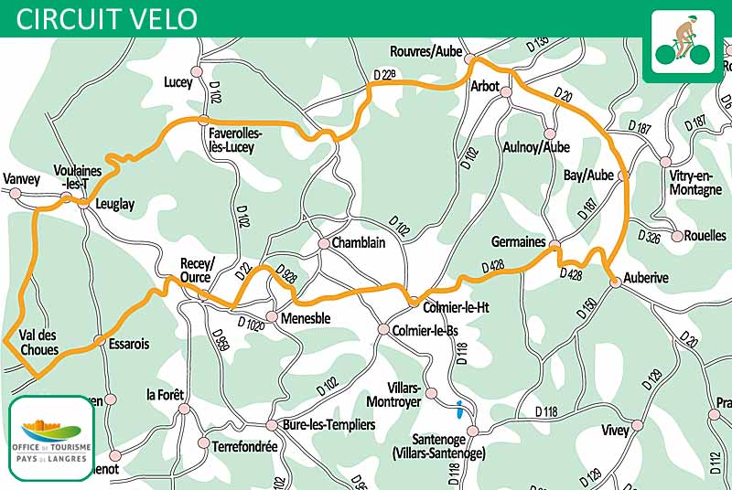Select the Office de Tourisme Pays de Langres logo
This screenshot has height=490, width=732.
[x=51, y=438]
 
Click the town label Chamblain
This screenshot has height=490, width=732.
[x=358, y=243]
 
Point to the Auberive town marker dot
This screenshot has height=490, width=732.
[x=616, y=282]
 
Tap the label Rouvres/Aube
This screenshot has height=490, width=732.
[x=425, y=51]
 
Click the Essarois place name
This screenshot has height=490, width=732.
[x=128, y=345]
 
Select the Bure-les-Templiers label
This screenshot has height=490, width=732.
[x=327, y=425]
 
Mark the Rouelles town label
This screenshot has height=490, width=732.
[x=705, y=235]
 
